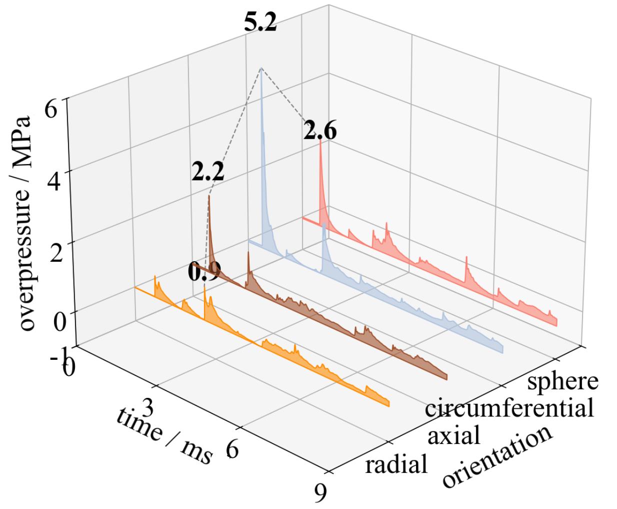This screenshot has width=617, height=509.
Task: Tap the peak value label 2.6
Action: tap(319, 132)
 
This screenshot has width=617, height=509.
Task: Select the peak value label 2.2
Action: tap(207, 173)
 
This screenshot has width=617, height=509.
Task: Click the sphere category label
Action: tap(562, 381)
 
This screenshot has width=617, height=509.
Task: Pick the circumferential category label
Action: tap(509, 408)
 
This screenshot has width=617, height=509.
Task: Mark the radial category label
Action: tap(396, 464)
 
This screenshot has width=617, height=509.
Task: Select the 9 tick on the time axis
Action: tap(320, 493)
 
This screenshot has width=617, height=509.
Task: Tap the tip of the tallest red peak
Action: tap(320, 141)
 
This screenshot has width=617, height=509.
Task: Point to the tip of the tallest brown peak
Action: tap(209, 196)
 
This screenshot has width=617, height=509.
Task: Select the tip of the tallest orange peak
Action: tap(204, 286)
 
